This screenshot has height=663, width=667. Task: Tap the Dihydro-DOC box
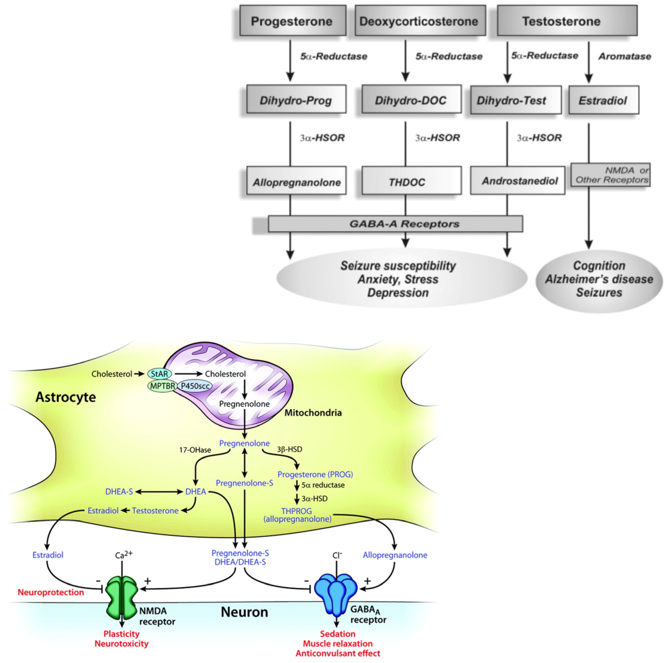pos(411,100)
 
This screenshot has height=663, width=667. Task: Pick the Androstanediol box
pos(517,181)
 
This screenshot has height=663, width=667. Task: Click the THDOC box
pos(411,181)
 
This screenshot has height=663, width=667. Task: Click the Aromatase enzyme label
pos(625,56)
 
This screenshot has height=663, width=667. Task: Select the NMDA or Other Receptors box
pos(610,175)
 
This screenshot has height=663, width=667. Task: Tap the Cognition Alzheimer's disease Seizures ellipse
pos(599,280)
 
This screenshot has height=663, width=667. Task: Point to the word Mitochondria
pos(313,413)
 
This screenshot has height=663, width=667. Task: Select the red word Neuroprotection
pos(51,592)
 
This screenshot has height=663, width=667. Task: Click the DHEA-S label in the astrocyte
pos(119,491)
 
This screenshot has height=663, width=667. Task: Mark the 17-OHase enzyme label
pos(195,450)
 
